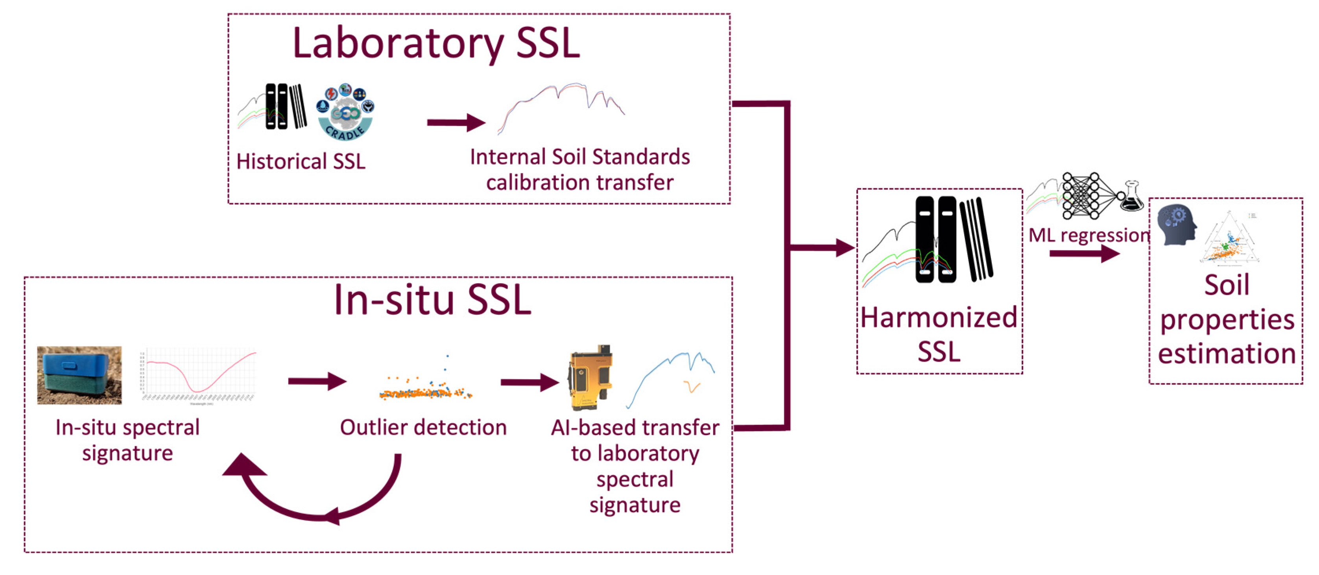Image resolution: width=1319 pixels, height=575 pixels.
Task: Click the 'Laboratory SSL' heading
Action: [x=436, y=44]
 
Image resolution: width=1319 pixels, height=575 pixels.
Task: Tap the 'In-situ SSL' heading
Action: [x=433, y=300]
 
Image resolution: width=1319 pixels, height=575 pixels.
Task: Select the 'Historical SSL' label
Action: [x=301, y=162]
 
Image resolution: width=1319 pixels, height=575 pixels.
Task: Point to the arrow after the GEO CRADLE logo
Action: [x=455, y=122]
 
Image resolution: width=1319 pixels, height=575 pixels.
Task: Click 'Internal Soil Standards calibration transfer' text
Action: [x=579, y=170]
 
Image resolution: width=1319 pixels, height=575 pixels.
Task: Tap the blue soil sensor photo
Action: [x=79, y=375]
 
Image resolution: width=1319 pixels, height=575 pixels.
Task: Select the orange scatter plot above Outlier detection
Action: [x=425, y=389]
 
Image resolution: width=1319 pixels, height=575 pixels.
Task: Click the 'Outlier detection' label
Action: [x=423, y=428]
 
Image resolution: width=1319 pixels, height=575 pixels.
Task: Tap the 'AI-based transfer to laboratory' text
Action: [x=635, y=440]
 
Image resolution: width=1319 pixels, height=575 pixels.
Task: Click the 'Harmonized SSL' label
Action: [x=939, y=334]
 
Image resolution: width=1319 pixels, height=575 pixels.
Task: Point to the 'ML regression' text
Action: [x=1088, y=235]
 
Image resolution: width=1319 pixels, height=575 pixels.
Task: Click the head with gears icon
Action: [x=1177, y=225]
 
